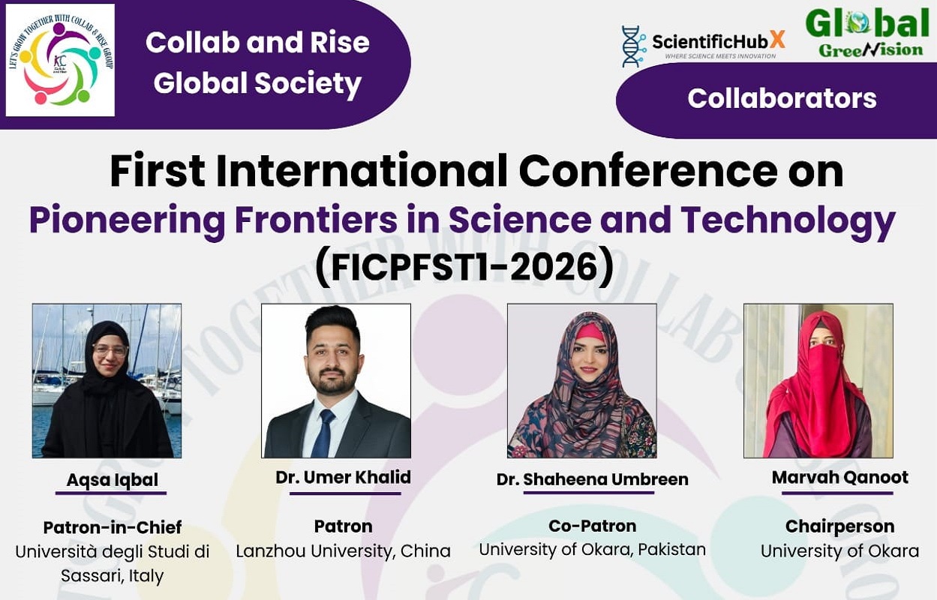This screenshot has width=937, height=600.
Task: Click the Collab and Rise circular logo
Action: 60,60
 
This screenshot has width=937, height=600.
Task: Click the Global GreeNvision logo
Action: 866,33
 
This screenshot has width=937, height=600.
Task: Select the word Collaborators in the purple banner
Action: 782,98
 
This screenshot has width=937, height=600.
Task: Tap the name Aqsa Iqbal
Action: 112,480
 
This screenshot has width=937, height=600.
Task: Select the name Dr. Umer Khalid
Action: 343,477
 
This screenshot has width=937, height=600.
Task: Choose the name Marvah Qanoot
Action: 839,478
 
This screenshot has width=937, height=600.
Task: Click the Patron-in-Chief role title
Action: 113,527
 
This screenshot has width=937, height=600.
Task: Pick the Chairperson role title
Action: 839,526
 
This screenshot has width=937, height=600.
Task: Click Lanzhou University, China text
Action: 343,551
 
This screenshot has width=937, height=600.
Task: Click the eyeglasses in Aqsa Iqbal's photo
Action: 110,350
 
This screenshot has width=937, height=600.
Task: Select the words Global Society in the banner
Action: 257,84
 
